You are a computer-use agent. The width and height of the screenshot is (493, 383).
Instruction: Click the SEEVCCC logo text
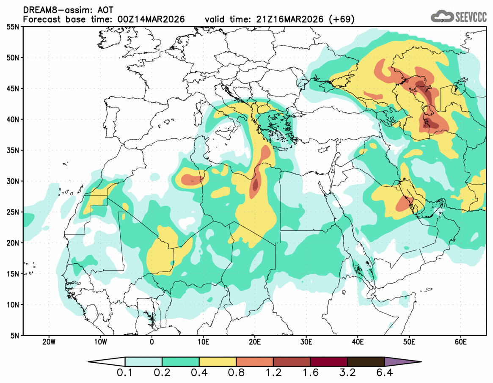[x=470, y=17]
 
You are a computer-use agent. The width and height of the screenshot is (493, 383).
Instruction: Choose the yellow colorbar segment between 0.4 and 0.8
[x=218, y=362]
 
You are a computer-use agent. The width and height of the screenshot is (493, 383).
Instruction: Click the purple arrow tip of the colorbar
[x=413, y=362]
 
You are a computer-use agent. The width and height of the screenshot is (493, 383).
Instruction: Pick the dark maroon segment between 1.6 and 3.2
[x=328, y=362]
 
